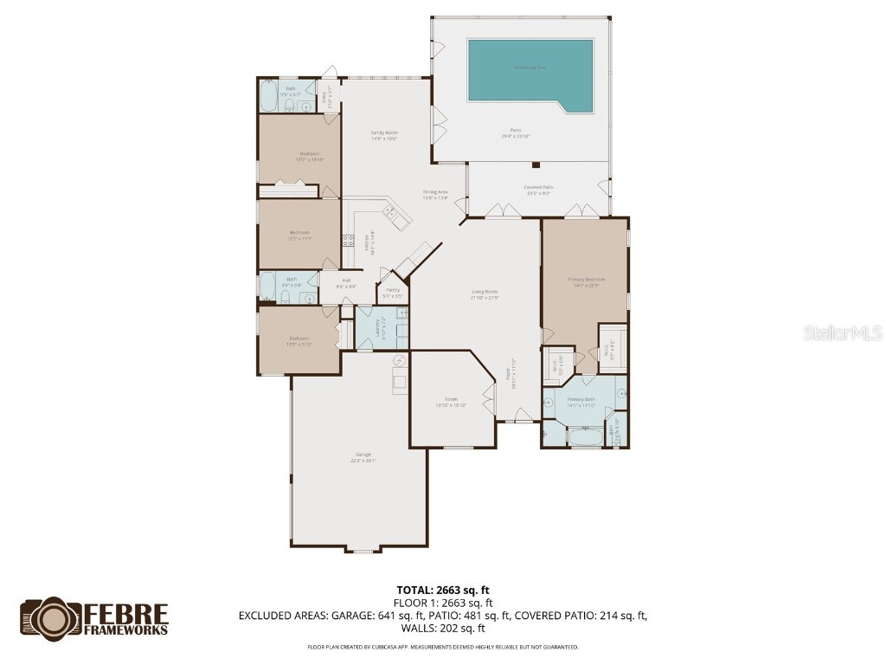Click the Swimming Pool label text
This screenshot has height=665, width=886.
tap(530, 67)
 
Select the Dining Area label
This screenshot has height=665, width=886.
tap(435, 192)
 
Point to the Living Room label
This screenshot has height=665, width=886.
tap(485, 292)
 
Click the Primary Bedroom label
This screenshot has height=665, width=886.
tap(586, 280)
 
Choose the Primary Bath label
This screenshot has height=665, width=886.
tap(581, 399)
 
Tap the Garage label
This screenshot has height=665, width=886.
tap(363, 455)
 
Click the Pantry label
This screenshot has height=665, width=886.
tap(393, 290)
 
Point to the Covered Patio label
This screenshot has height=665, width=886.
tap(538, 187)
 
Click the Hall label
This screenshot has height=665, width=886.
tap(346, 281)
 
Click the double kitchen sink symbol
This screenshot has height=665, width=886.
tap(390, 211)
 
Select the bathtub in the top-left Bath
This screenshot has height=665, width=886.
tap(267, 96)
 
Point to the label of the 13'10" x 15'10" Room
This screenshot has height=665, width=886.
tap(451, 400)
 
